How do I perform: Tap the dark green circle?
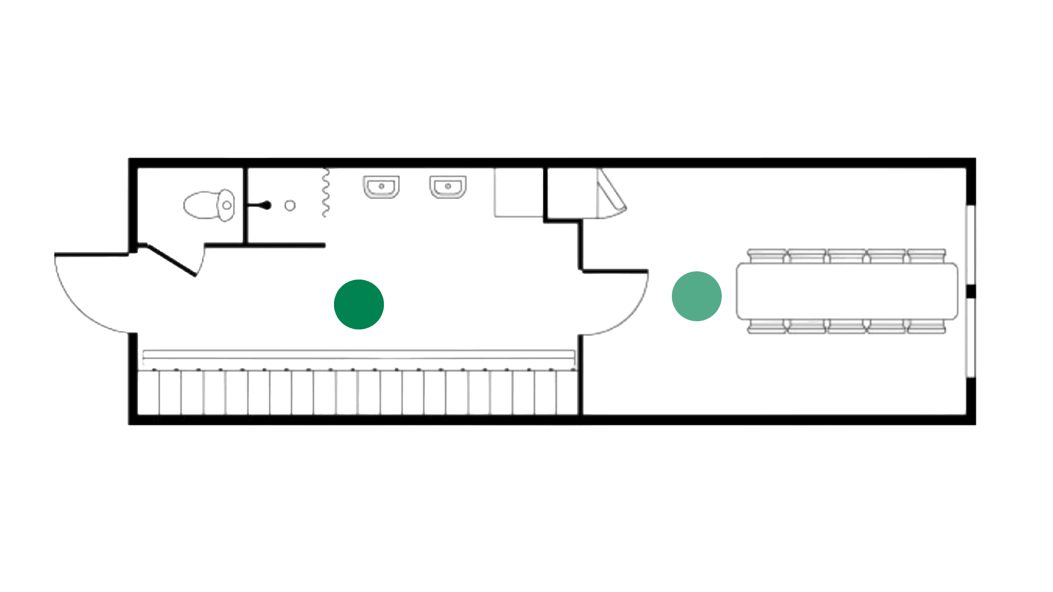pos(359,304)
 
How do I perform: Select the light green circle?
pos(697,296)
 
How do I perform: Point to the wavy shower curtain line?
pos(325,193)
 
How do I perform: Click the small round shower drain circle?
pos(290,206)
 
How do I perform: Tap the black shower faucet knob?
pos(267,206)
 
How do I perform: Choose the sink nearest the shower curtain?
pos(381,187)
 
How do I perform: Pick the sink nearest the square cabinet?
pos(448,187)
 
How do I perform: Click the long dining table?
pos(847,291)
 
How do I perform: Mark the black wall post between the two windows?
pos(971,291)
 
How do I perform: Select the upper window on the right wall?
pos(971,244)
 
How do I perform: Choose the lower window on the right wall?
pos(971,338)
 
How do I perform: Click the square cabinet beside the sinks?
pos(518,193)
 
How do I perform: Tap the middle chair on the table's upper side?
pos(847,256)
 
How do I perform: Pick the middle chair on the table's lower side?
pos(847,327)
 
